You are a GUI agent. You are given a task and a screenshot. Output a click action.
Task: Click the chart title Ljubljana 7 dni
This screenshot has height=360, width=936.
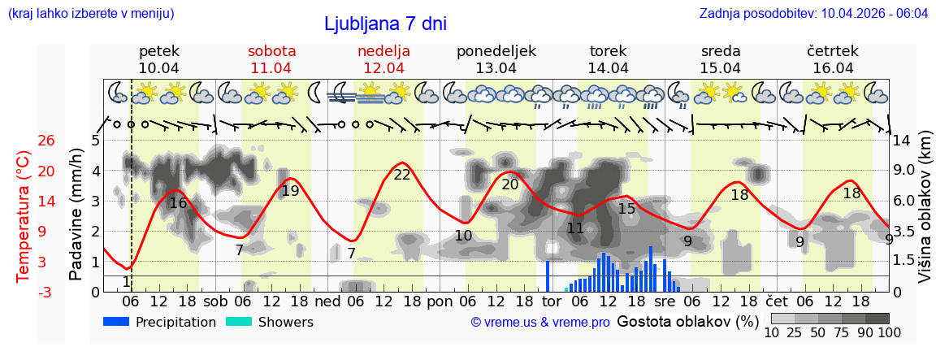[x=385, y=24]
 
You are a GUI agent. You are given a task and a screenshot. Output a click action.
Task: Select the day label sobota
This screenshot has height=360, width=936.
[x=271, y=51]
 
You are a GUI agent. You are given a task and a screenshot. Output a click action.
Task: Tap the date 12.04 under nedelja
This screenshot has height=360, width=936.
[x=383, y=68]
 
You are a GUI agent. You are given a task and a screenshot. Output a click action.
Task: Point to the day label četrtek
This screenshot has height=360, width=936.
[x=833, y=51]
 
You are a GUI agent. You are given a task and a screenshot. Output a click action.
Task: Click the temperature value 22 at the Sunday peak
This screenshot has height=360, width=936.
[x=402, y=175]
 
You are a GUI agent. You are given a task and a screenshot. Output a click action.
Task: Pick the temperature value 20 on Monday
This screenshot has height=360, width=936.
[x=510, y=184]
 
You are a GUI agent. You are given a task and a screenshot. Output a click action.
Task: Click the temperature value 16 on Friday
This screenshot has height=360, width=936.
[x=178, y=203]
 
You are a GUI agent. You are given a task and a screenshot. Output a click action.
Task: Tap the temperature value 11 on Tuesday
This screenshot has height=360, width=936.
[x=575, y=228]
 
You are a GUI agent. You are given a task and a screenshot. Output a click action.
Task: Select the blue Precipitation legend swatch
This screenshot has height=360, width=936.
[x=117, y=322]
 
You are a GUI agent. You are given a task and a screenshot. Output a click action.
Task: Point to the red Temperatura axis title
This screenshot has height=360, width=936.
[x=23, y=215]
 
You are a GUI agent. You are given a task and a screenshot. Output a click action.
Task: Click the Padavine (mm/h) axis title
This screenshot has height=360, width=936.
[x=76, y=215]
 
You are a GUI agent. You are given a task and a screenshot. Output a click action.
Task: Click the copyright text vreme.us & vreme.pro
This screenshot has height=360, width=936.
[x=540, y=323]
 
